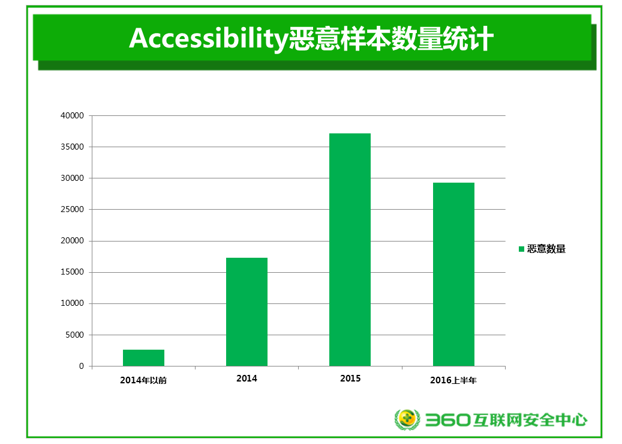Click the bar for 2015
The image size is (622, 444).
[350, 249]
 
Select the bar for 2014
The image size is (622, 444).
[247, 312]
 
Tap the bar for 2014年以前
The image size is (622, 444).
[143, 357]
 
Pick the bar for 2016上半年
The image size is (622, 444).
[453, 274]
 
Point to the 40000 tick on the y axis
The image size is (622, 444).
[72, 116]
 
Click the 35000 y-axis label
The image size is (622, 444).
[72, 147]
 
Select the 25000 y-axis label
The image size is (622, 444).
[72, 210]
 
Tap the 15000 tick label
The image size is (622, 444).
[72, 272]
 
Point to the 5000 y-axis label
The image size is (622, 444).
[74, 335]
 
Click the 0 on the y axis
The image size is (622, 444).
[82, 366]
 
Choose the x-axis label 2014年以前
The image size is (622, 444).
[143, 380]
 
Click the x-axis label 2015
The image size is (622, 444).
[350, 379]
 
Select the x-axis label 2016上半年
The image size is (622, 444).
[453, 380]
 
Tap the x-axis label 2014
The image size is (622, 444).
[247, 379]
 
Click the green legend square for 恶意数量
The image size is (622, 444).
[521, 249]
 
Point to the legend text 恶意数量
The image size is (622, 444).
[546, 249]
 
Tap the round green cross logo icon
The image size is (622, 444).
[407, 419]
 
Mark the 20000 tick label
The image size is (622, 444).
[72, 241]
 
